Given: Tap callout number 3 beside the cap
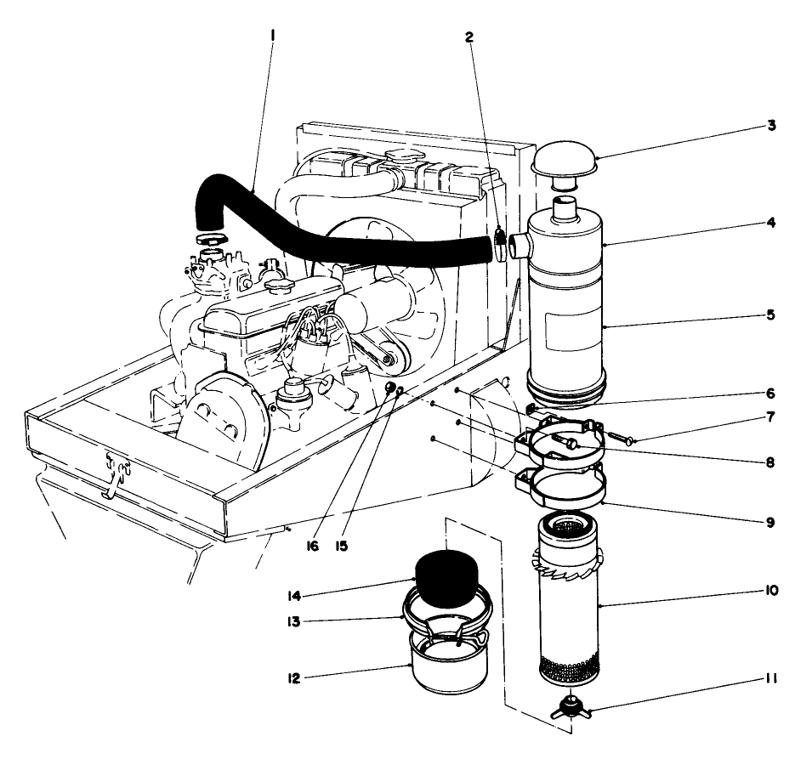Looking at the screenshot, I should (x=770, y=125).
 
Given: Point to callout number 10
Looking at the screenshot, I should (x=770, y=590).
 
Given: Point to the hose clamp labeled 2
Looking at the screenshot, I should (x=500, y=245).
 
